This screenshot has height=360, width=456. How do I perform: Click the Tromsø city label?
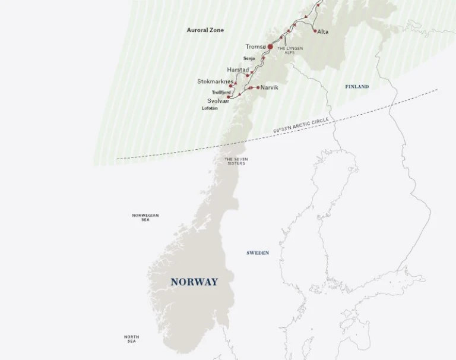point(255,46)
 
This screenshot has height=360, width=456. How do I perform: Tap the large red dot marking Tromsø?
point(270,46)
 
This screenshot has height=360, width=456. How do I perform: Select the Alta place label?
point(323,31)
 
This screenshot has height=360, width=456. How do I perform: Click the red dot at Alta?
point(315,30)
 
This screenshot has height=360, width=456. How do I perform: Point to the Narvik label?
point(270,87)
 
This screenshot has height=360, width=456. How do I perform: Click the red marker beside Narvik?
point(258,87)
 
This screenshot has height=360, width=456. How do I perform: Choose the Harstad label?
point(237,70)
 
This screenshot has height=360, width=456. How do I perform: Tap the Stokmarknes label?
point(216,81)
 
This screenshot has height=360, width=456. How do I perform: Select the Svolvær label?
point(218,101)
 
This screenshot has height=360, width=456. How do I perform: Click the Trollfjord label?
point(221,92)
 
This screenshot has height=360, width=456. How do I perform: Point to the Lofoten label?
point(210,109)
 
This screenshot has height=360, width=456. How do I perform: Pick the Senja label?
point(249,58)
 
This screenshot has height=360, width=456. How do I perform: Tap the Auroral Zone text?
point(205,30)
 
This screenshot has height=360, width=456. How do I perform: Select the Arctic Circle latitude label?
point(301,125)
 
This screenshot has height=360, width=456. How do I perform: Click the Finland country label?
point(357,87)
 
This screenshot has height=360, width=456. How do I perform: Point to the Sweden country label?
point(258,253)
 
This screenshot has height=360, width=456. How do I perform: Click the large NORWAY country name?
point(194,282)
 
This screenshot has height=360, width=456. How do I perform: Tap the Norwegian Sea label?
point(145,217)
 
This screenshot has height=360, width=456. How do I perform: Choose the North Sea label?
point(132,339)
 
